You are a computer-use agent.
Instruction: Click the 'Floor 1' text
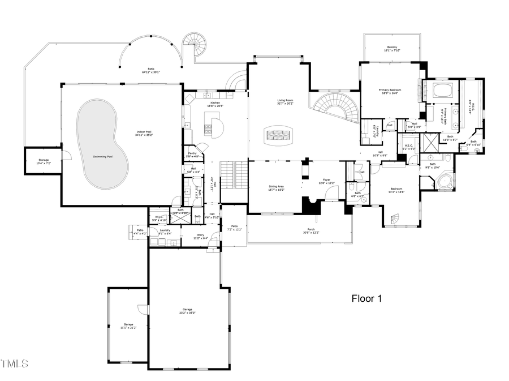(x=366, y=298)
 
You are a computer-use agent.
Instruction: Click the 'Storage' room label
(x=44, y=161)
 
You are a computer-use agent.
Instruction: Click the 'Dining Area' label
(x=276, y=187)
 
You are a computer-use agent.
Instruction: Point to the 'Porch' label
(x=312, y=230)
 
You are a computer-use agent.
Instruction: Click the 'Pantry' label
(x=192, y=154)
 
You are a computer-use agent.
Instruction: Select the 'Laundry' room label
(x=165, y=232)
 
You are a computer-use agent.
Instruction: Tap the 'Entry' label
(x=200, y=236)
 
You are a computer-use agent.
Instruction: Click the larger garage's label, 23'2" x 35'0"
(x=187, y=311)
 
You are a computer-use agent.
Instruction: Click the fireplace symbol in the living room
(x=277, y=135)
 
